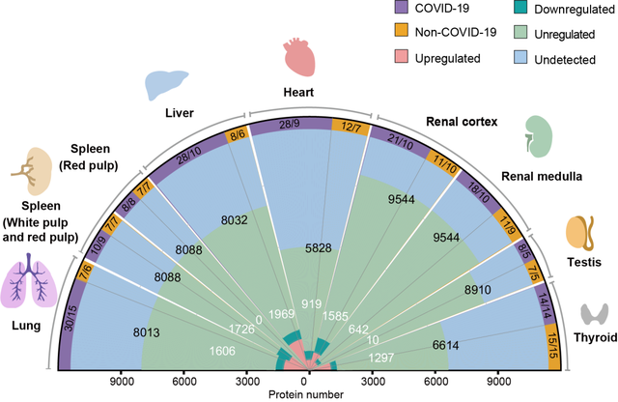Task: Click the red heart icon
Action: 300,55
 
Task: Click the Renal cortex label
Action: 462,123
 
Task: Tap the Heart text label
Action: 303,93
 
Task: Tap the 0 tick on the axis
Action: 308,381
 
